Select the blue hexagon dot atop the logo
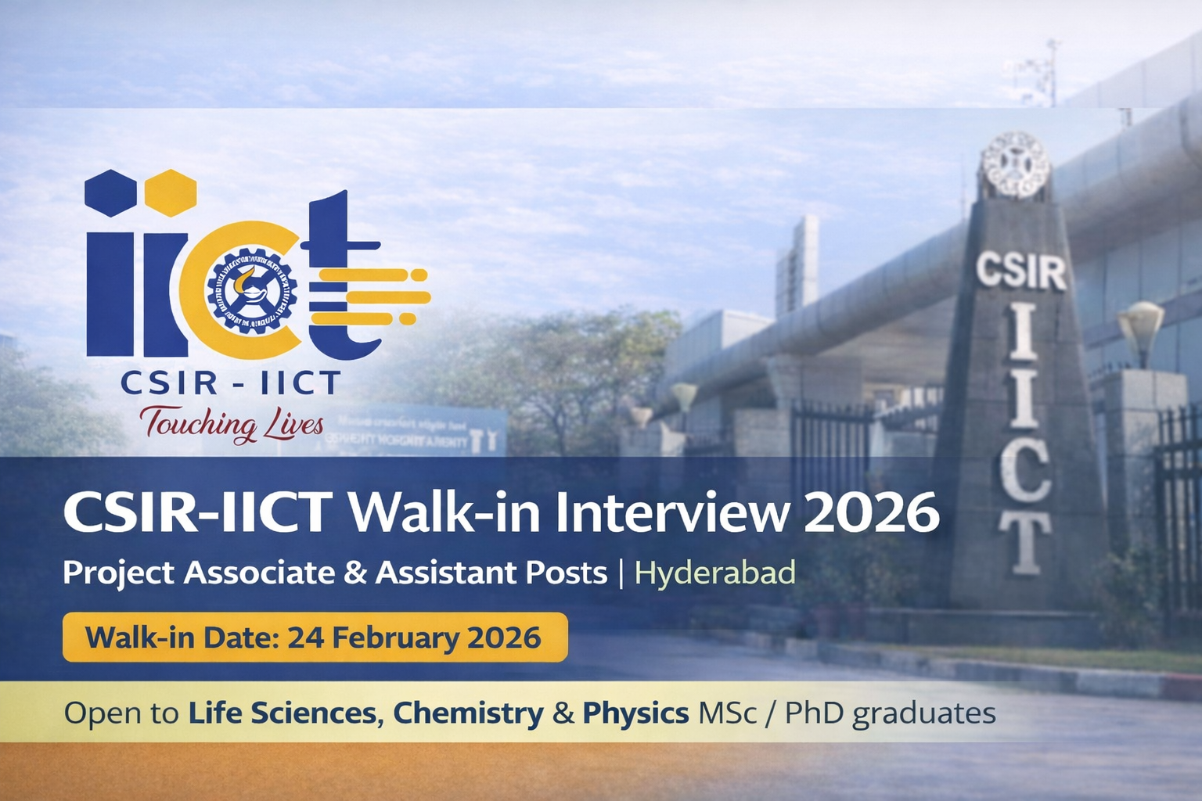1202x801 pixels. click(110, 192)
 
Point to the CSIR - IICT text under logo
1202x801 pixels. click(230, 383)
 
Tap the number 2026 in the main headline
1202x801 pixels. click(871, 514)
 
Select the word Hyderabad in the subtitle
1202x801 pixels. click(714, 573)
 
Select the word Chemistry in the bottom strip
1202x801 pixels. click(467, 713)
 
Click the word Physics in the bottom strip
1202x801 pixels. click(635, 713)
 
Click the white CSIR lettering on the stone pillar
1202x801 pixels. click(1020, 271)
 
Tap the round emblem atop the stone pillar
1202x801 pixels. click(1014, 165)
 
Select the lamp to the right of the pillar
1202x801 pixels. click(1140, 327)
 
